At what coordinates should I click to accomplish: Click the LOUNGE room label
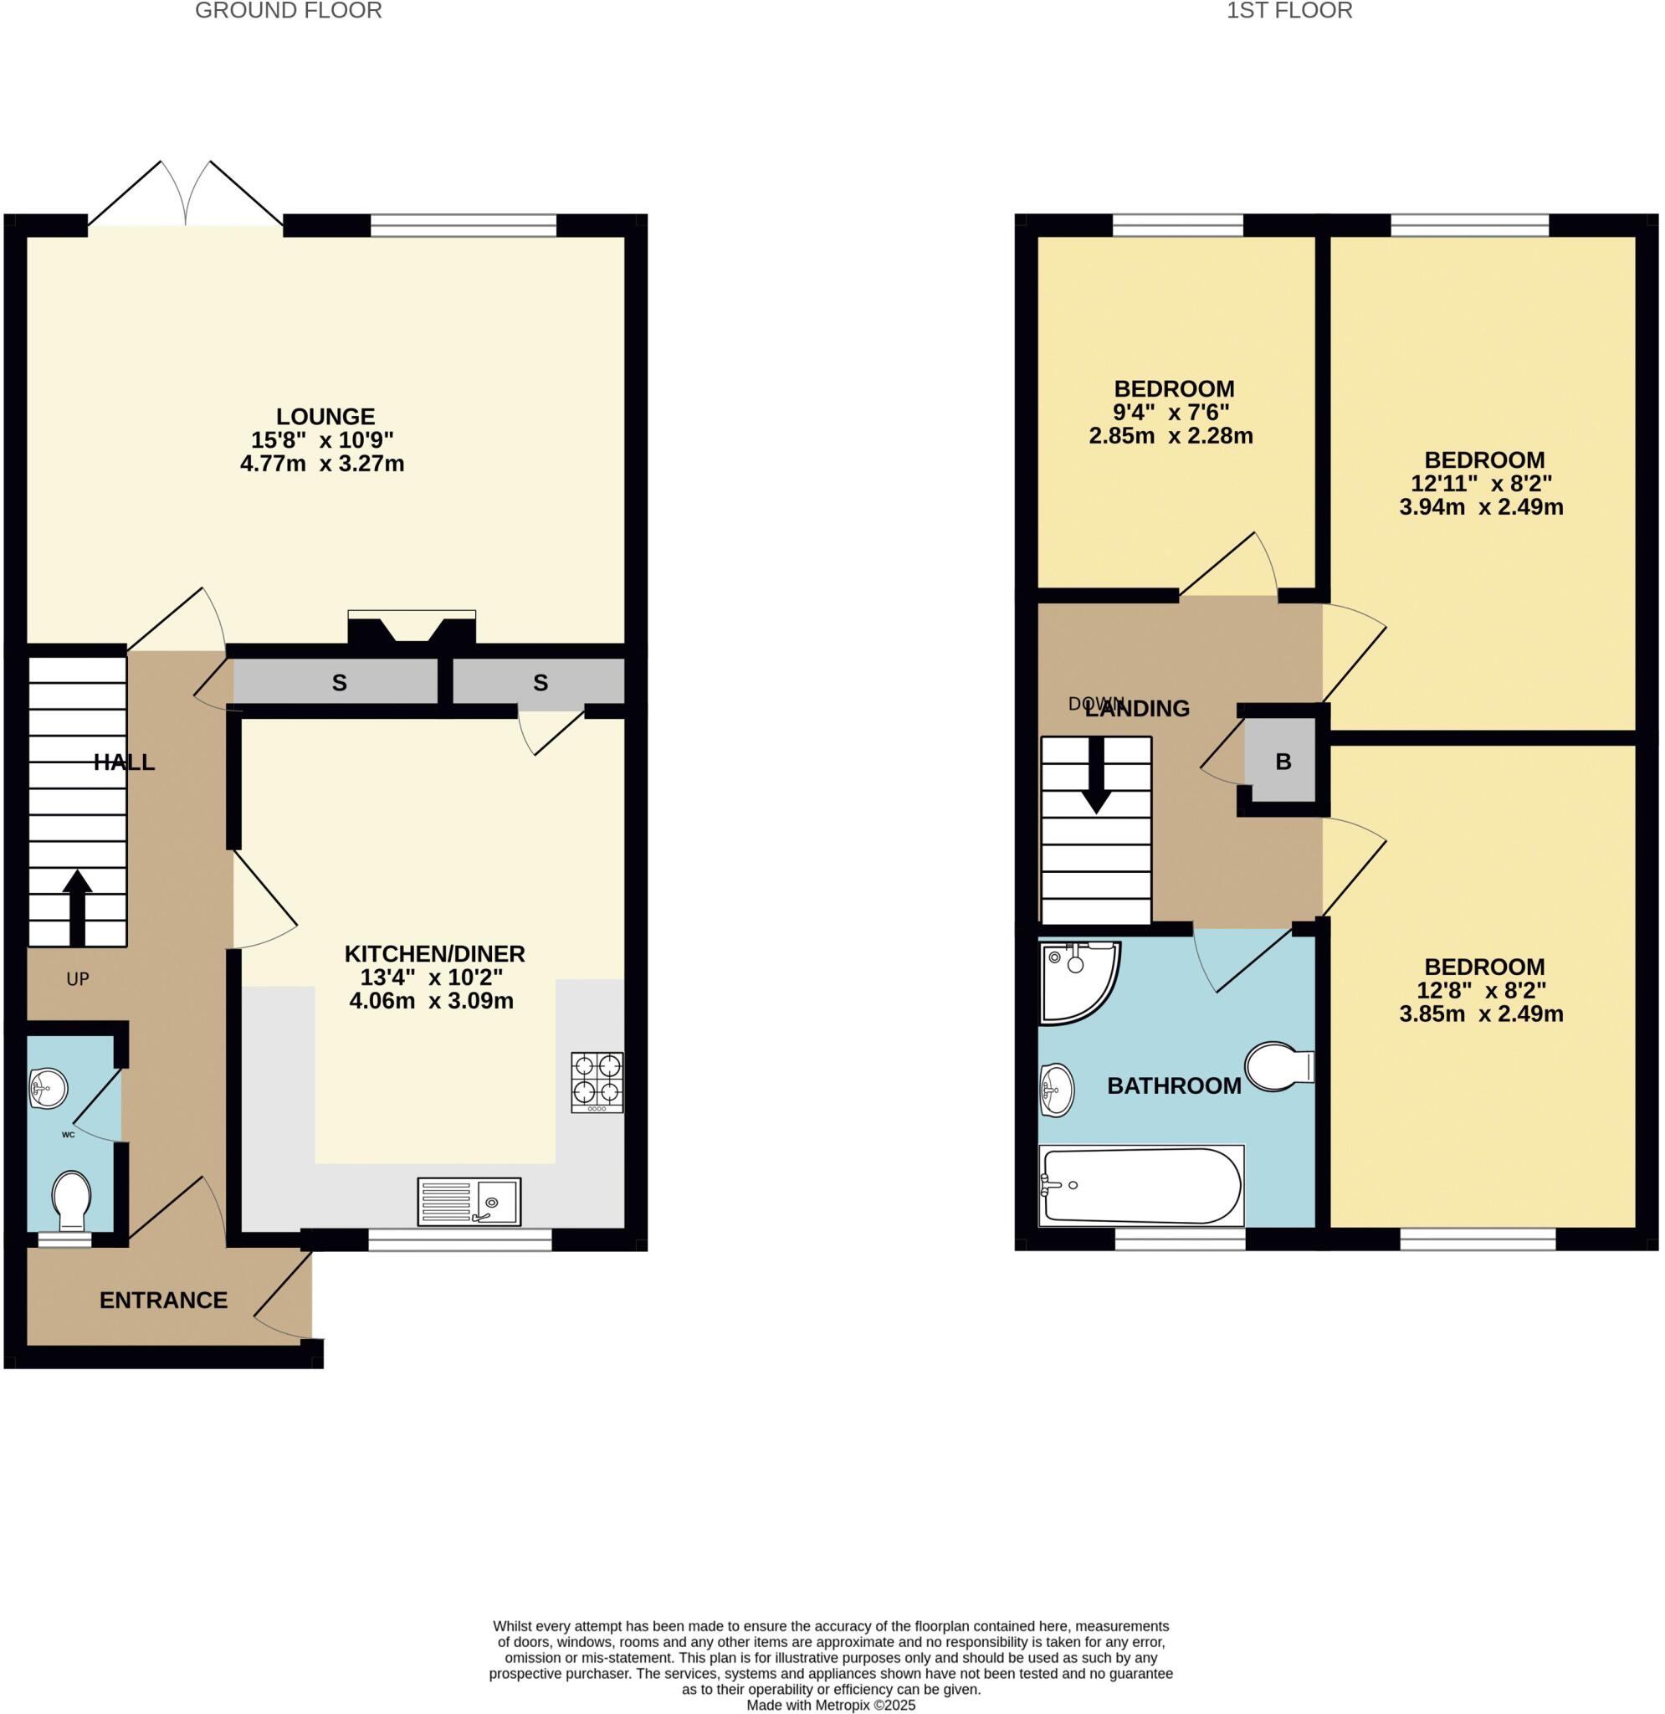325,417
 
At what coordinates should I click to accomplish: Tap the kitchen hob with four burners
597,1082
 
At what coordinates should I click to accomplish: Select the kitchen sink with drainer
469,1202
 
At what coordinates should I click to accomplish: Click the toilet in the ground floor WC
72,1200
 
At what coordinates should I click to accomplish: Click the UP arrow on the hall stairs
77,907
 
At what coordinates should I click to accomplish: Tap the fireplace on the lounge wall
411,628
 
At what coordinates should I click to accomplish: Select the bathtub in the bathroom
1141,1186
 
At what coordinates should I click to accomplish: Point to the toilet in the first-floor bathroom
1278,1066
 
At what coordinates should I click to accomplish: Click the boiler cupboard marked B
1282,761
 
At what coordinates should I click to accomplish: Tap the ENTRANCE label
163,1301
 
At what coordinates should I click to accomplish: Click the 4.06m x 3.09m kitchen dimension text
431,1001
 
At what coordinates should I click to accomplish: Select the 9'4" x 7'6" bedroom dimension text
1171,412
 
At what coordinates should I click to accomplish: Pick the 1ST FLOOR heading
1289,11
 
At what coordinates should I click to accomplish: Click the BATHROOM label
1174,1086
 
